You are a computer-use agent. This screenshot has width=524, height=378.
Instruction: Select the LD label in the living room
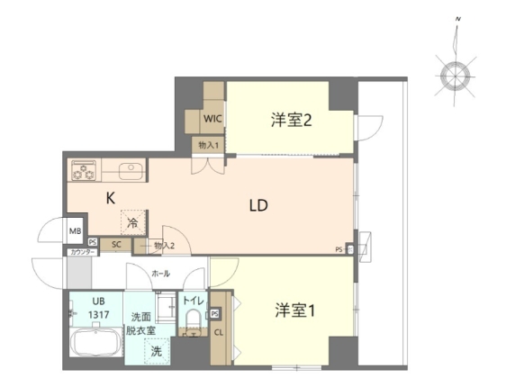tap(259, 204)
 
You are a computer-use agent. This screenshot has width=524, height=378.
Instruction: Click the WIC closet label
tap(212, 118)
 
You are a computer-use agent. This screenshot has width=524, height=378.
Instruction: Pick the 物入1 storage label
tap(207, 143)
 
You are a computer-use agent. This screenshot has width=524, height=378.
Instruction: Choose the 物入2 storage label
tap(163, 244)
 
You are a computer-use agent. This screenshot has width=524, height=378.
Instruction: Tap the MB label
tap(75, 231)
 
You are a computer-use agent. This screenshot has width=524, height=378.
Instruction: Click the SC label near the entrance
tap(115, 243)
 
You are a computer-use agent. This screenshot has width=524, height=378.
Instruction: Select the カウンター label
tap(79, 253)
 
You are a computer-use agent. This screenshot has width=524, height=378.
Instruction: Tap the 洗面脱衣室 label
tap(141, 323)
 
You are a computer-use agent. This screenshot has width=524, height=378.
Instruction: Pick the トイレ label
tap(193, 301)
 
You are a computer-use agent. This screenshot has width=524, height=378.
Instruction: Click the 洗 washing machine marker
tap(156, 351)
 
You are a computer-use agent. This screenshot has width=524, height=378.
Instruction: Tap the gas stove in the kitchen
tap(84, 168)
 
